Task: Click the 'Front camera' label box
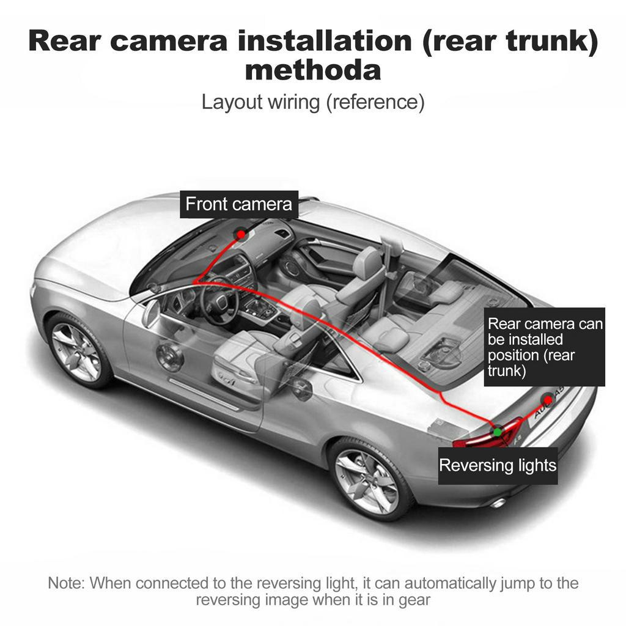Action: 239,204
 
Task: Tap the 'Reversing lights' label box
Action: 498,466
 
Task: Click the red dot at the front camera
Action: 241,234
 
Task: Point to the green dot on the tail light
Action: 498,432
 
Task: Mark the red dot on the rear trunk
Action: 548,400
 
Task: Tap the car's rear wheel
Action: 366,481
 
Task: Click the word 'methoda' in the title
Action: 312,70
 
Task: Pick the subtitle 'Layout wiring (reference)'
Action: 312,102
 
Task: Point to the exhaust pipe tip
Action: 498,503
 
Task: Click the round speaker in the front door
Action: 169,356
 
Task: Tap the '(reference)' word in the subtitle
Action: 374,102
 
